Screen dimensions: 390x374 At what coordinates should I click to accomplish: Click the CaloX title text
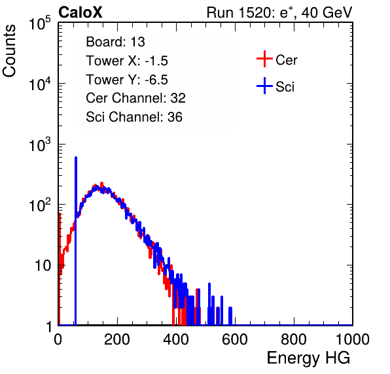click(x=80, y=12)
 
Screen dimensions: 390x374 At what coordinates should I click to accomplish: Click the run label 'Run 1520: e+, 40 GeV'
click(x=279, y=12)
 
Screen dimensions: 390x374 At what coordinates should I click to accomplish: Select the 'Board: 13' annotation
click(x=115, y=42)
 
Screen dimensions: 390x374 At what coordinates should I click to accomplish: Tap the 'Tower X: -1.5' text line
click(x=127, y=61)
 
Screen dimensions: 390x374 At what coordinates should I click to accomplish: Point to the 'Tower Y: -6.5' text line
click(x=127, y=80)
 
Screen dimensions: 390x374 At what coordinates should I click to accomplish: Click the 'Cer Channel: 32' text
click(x=136, y=98)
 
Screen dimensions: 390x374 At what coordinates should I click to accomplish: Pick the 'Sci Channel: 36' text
click(x=134, y=117)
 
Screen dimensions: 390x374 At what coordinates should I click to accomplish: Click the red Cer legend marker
click(x=264, y=59)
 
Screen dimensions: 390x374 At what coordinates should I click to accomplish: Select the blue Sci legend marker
click(x=264, y=86)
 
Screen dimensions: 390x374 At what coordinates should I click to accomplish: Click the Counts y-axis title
click(x=9, y=51)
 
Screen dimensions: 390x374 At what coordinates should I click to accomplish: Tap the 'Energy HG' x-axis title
click(x=308, y=358)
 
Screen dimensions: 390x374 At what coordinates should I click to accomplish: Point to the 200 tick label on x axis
click(x=117, y=339)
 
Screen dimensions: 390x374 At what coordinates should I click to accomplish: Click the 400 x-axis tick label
click(x=176, y=339)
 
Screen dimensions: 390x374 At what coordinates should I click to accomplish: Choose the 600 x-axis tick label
click(x=235, y=339)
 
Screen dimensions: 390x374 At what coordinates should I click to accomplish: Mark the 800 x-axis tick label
click(x=294, y=339)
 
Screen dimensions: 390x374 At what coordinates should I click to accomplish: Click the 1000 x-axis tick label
click(x=353, y=339)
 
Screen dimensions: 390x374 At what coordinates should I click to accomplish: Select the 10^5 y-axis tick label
click(x=40, y=23)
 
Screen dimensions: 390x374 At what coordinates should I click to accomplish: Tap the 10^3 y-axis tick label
click(x=40, y=144)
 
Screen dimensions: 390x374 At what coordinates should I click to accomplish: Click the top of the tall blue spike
click(x=76, y=158)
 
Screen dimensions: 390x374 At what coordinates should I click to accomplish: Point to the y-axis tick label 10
click(x=43, y=265)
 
